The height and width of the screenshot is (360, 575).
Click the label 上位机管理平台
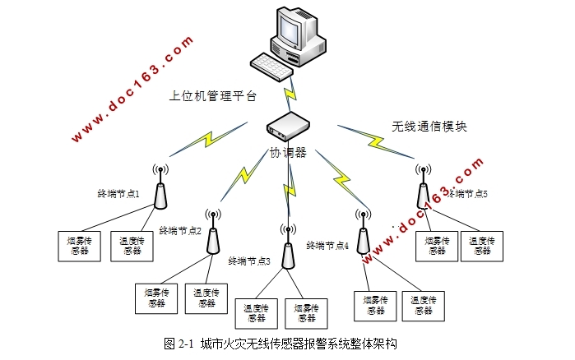[213, 96]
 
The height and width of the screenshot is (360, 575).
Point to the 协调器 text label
[289, 153]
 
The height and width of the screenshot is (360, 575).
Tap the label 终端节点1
[120, 194]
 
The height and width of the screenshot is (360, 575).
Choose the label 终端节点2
[180, 231]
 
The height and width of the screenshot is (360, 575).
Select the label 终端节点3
[250, 261]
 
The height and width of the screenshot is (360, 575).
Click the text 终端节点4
[327, 245]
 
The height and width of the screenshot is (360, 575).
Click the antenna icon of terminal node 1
[160, 188]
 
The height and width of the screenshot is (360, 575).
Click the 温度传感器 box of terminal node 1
[132, 245]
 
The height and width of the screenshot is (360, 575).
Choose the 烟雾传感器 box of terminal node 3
[306, 312]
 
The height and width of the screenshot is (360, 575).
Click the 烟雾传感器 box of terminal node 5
[436, 246]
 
